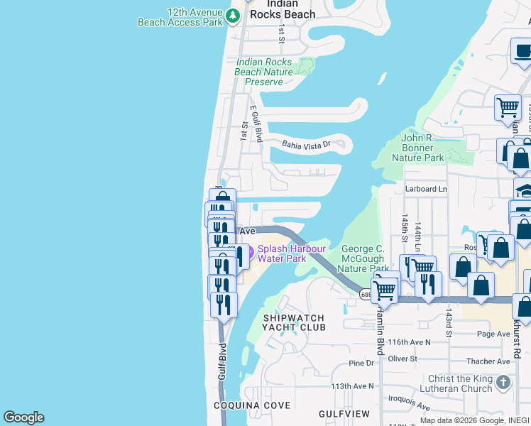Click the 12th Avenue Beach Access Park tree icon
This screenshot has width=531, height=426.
(x=233, y=14)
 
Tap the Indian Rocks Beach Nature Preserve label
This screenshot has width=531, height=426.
(x=264, y=72)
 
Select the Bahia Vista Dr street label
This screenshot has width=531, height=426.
(x=307, y=144)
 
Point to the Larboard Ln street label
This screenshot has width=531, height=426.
(x=426, y=189)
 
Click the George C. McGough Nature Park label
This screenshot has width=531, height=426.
(x=363, y=258)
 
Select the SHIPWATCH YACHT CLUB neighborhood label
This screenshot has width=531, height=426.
(x=294, y=322)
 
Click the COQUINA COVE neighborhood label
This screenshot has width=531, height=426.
(x=252, y=405)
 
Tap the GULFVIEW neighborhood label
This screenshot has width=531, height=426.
(x=344, y=413)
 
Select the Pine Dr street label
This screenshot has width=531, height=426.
(x=361, y=363)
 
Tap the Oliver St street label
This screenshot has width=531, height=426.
(x=403, y=359)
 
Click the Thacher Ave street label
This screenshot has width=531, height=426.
(x=493, y=361)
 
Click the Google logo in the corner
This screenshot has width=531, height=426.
(x=23, y=417)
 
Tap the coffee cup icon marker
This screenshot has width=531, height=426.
(x=522, y=51)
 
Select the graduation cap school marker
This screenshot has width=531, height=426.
(x=524, y=190)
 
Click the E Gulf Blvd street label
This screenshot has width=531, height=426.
(x=257, y=124)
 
